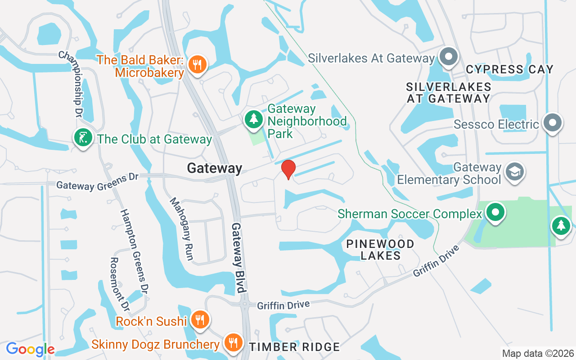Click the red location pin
(x=288, y=169)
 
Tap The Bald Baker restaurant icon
(x=197, y=64)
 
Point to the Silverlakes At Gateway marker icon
(x=448, y=58)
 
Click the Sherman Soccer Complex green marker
(x=495, y=212)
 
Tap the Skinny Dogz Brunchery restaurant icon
(x=233, y=343)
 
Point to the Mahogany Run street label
(x=181, y=229)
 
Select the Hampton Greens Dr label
(x=134, y=250)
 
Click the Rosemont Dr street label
(x=120, y=283)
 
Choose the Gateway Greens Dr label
(x=97, y=182)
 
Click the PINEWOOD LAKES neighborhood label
(x=380, y=250)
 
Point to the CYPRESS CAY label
(x=509, y=69)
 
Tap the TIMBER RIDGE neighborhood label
(x=294, y=347)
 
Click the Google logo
(x=30, y=349)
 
